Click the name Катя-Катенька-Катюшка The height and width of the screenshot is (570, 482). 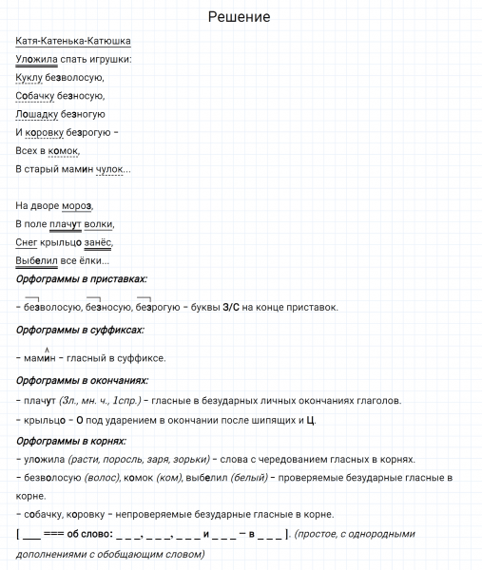point(73,41)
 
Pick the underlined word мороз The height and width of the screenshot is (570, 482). point(77,205)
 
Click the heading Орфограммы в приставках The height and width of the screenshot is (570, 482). point(82,279)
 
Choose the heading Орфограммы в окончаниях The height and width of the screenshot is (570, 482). point(84,380)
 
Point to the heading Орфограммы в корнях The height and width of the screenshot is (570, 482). point(71,441)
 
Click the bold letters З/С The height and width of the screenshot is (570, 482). point(231,307)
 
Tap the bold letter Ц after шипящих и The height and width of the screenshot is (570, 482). point(311,419)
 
